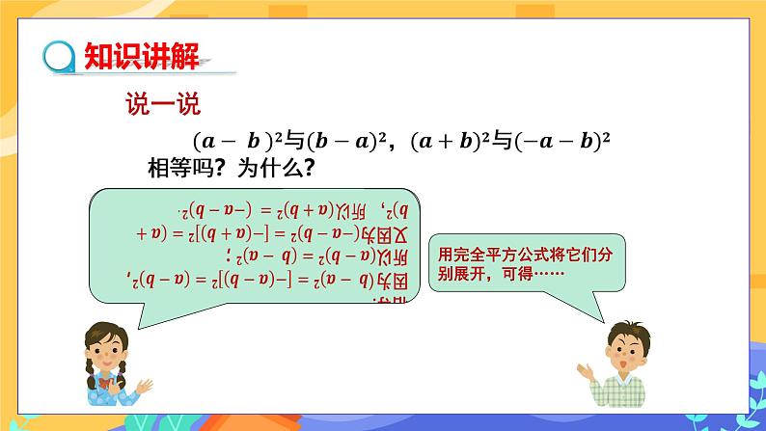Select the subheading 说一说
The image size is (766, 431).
pyautogui.click(x=161, y=103)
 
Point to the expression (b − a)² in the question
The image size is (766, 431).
pyautogui.click(x=343, y=142)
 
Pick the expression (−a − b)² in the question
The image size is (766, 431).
pyautogui.click(x=563, y=142)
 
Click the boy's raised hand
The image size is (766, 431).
pyautogui.click(x=585, y=370)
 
